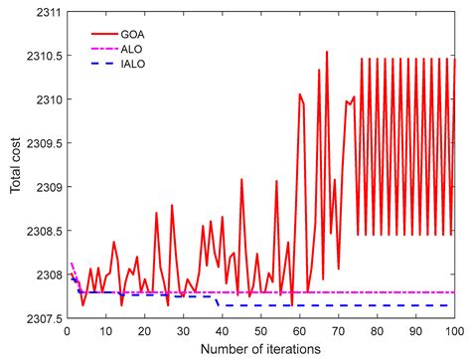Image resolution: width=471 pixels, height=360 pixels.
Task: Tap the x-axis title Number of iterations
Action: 260,347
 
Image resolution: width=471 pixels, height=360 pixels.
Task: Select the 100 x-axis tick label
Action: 454,329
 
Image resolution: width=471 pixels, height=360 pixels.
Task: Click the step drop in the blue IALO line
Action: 218,300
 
